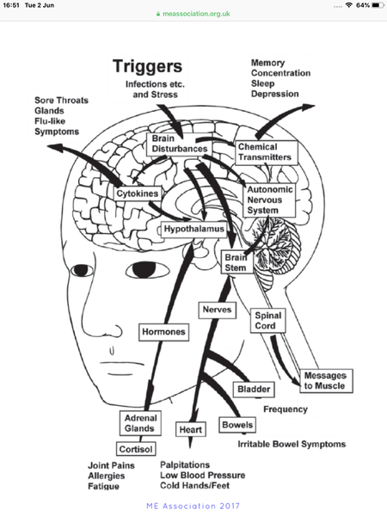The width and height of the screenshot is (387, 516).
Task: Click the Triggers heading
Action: click(147, 66)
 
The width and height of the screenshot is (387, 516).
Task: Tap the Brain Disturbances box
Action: click(180, 144)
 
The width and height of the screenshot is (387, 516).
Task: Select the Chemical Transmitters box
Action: click(267, 152)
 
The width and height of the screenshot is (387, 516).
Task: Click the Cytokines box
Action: click(138, 193)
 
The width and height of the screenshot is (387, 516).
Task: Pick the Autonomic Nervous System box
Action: click(269, 200)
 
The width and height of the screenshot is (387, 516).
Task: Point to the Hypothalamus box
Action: click(193, 229)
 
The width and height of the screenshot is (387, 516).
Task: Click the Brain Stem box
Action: click(237, 262)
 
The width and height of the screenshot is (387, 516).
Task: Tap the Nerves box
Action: click(218, 310)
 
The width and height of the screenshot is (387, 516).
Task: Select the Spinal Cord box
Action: click(267, 321)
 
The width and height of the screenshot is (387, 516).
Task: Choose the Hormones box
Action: click(163, 332)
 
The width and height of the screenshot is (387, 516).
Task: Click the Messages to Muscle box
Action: click(326, 381)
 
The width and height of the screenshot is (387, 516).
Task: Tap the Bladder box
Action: click(254, 390)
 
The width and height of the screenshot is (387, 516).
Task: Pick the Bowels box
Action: click(237, 425)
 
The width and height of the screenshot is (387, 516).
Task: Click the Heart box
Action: click(191, 429)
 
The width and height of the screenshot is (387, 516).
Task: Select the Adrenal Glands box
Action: click(140, 423)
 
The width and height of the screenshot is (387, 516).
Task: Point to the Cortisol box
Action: click(136, 449)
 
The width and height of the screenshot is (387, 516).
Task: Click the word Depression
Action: click(275, 94)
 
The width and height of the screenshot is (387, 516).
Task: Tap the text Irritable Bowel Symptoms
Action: click(292, 445)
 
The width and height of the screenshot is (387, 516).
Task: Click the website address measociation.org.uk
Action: click(196, 14)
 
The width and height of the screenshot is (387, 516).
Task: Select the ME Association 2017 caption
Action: click(193, 506)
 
